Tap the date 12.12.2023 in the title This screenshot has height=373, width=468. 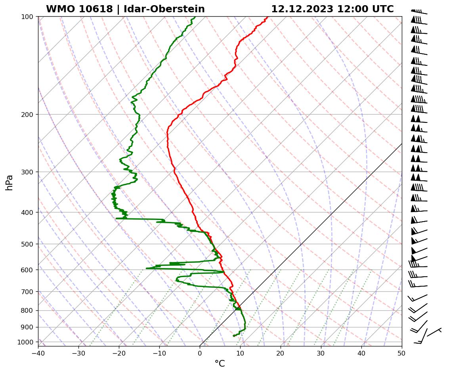(302, 9)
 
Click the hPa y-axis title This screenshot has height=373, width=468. (9, 182)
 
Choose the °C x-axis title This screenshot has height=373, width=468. (220, 363)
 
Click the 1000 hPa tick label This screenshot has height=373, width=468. (27, 342)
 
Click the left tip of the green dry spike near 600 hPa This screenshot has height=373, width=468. (147, 268)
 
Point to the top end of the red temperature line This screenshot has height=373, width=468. (267, 17)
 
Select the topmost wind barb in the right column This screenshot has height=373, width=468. (419, 12)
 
